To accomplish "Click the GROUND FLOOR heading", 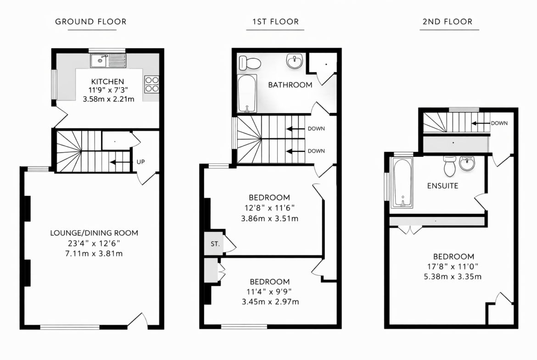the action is [x=91, y=22].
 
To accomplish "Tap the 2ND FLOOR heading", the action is [x=447, y=22].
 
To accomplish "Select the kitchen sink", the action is [x=108, y=61].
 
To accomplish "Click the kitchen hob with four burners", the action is [x=152, y=84].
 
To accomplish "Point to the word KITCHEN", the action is [x=107, y=82].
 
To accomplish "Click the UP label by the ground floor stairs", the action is [x=141, y=162].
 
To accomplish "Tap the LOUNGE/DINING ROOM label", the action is [x=94, y=233].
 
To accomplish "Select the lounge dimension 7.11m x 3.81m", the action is [x=94, y=254].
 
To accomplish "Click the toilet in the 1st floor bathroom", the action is [x=250, y=63].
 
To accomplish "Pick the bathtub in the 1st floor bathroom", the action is [x=247, y=94].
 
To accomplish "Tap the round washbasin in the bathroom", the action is [x=295, y=61].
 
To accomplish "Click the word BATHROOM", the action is [x=290, y=85].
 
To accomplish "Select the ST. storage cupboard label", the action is [x=215, y=244].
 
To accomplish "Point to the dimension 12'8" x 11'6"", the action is [x=269, y=208].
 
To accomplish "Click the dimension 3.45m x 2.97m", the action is [x=270, y=302].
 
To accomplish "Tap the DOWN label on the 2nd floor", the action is [x=499, y=123].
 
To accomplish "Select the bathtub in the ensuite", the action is [x=403, y=183].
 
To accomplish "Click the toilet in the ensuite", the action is [x=449, y=166].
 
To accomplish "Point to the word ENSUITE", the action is [x=442, y=186].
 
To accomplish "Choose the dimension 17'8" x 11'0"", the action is [x=453, y=266].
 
